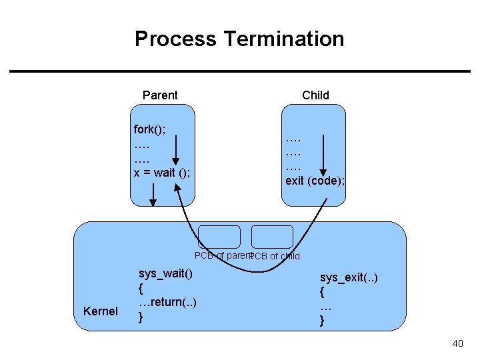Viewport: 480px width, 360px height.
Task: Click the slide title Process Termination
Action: point(239,39)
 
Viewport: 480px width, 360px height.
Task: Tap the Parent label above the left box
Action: point(160,95)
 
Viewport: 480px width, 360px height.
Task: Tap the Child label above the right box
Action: point(315,95)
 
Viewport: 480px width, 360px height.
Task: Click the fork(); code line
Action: point(149,129)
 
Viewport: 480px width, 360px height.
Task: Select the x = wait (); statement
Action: point(162,173)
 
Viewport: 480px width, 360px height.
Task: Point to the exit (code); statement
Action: point(315,180)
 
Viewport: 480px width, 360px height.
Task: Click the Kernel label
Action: point(100,311)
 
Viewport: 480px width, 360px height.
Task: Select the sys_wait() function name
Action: point(165,273)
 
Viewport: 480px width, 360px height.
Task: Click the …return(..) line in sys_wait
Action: point(167,302)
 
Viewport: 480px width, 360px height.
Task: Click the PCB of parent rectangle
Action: point(219,237)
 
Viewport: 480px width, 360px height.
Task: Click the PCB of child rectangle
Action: point(272,237)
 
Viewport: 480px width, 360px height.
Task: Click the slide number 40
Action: point(457,343)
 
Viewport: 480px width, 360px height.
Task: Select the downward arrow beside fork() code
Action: point(176,148)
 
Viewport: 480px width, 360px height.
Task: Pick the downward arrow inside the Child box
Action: point(323,155)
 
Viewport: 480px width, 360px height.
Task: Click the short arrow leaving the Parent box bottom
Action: point(153,195)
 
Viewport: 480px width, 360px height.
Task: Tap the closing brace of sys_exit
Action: point(322,321)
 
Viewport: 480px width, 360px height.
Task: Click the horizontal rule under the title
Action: point(239,71)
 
